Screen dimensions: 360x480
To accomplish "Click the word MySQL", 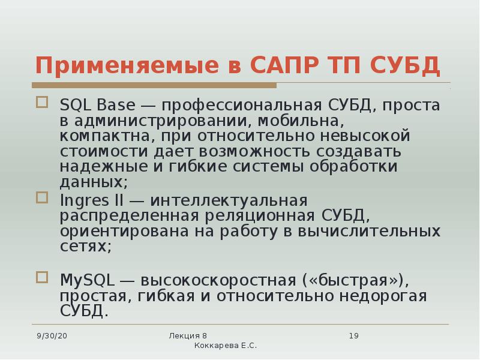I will click(86, 280).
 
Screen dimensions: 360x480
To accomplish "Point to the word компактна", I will click(98, 136).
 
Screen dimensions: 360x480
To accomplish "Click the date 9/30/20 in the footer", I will click(52, 336).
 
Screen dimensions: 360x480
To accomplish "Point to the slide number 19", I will click(353, 336).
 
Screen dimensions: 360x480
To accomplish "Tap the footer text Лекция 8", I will click(188, 335).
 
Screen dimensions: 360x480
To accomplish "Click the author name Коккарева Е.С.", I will click(226, 346).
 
